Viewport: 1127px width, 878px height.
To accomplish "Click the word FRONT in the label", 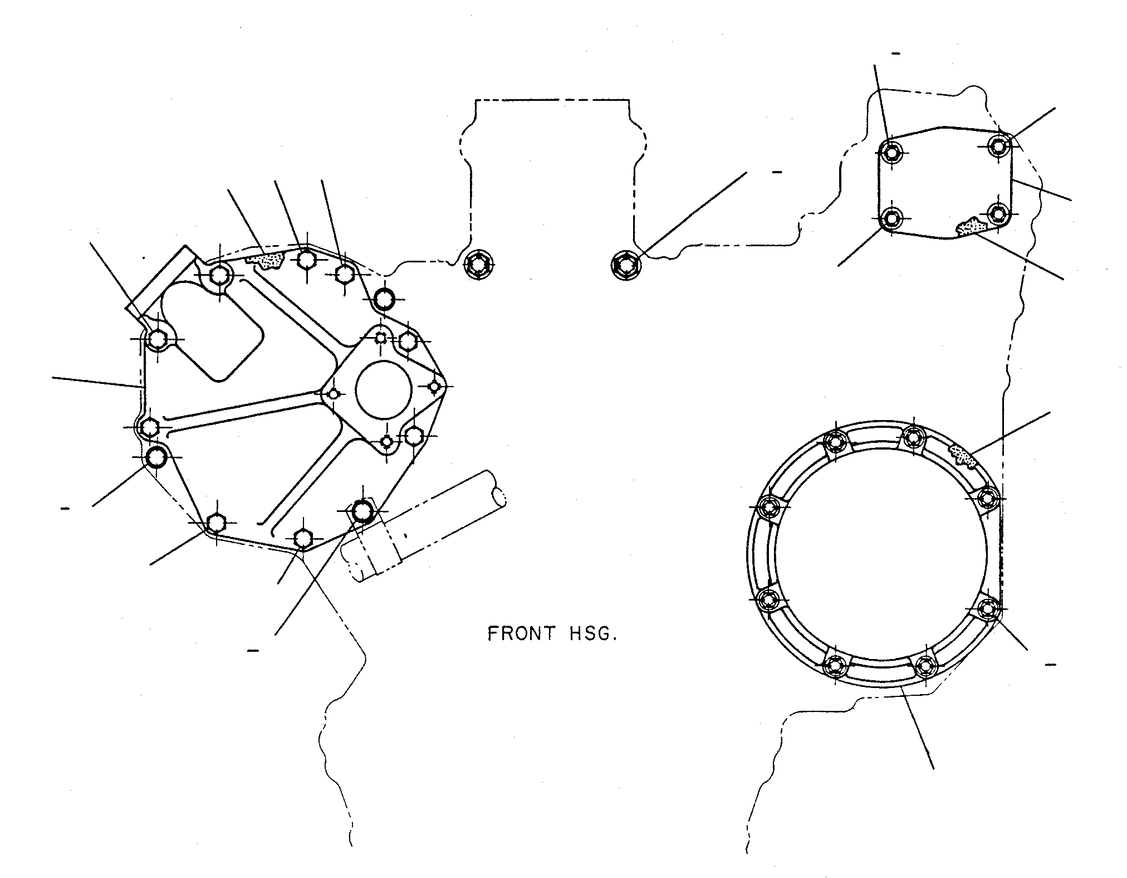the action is pos(522,634).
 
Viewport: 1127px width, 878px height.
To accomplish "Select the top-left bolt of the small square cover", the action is pos(892,151).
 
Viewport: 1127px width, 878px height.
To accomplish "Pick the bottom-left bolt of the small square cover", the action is pos(892,218).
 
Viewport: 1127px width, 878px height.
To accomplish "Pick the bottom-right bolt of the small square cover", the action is pos(997,213).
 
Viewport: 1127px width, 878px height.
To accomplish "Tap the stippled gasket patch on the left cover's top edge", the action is pos(270,260).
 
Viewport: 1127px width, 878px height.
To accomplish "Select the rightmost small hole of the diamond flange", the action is pos(434,386).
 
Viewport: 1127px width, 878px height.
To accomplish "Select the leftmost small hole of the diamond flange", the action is pos(333,394).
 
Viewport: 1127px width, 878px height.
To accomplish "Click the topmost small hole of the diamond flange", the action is pos(381,337).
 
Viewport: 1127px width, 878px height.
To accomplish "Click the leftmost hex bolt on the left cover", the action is pos(149,428).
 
